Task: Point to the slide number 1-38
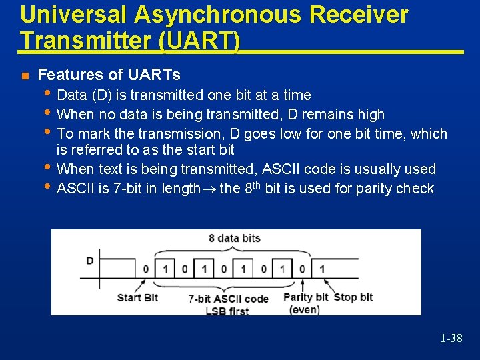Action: click(x=451, y=339)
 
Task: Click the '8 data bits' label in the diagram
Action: click(x=235, y=238)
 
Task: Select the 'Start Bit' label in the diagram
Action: click(x=137, y=297)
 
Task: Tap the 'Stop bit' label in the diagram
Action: click(x=353, y=297)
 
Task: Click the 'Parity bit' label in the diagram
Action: click(x=306, y=297)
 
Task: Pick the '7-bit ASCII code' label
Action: click(x=228, y=299)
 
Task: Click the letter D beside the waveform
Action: click(x=90, y=260)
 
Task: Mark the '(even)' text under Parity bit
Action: click(x=305, y=309)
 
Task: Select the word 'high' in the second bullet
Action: click(x=371, y=114)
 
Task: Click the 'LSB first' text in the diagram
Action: click(x=228, y=311)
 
